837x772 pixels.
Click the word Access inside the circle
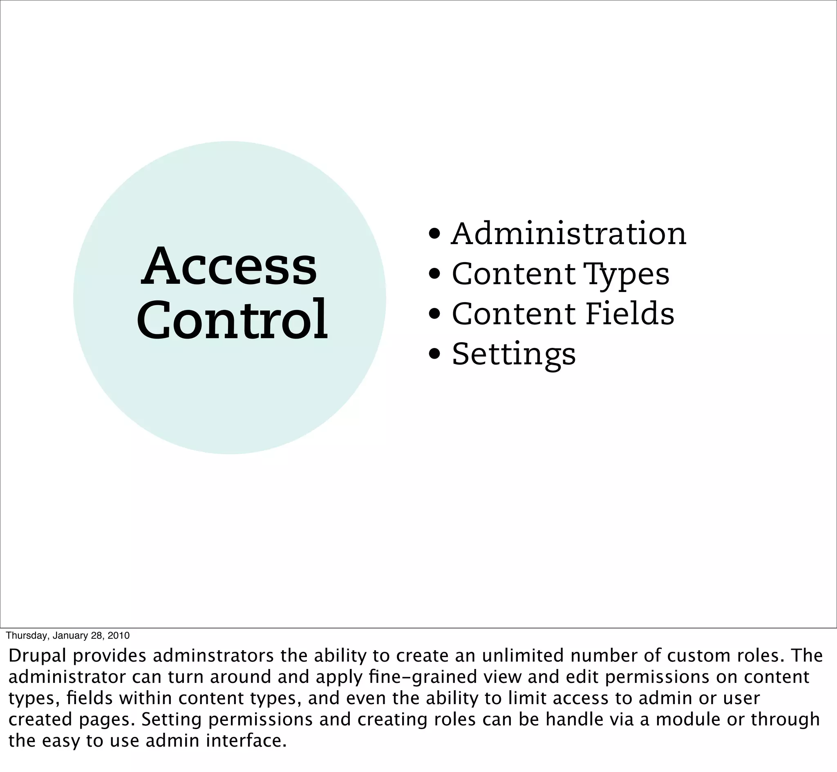pos(229,266)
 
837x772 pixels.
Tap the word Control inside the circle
pos(232,320)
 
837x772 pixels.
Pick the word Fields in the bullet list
pos(629,314)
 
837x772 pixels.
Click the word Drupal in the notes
pos(37,656)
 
